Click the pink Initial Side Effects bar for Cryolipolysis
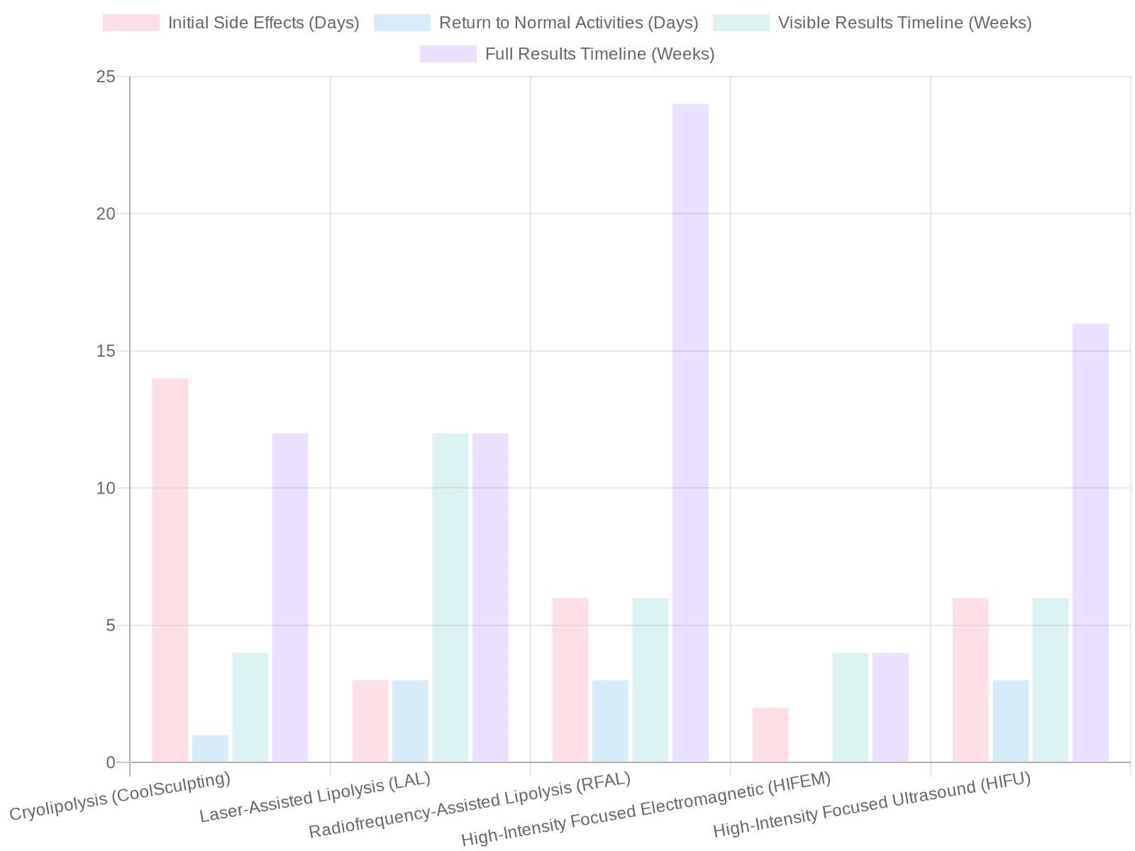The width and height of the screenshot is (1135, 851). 170,570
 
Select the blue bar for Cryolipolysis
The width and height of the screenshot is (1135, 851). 210,749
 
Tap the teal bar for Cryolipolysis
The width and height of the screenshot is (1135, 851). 250,707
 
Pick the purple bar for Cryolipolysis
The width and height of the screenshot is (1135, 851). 290,598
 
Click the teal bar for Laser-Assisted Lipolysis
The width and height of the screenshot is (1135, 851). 450,598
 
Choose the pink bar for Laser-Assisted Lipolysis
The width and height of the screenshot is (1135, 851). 370,721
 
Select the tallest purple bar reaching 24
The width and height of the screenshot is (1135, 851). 690,433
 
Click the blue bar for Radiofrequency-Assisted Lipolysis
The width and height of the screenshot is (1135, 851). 610,721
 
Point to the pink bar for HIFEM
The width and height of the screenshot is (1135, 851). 770,735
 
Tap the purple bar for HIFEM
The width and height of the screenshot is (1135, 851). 890,707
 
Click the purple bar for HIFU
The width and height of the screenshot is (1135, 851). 1090,543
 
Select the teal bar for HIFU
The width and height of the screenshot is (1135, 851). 1051,680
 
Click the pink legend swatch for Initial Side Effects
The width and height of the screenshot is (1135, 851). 131,23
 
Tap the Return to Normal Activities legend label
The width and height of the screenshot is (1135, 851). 567,23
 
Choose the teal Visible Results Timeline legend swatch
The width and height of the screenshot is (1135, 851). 741,23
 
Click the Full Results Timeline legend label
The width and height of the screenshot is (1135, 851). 599,54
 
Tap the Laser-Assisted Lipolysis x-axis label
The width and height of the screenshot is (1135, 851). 315,799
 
